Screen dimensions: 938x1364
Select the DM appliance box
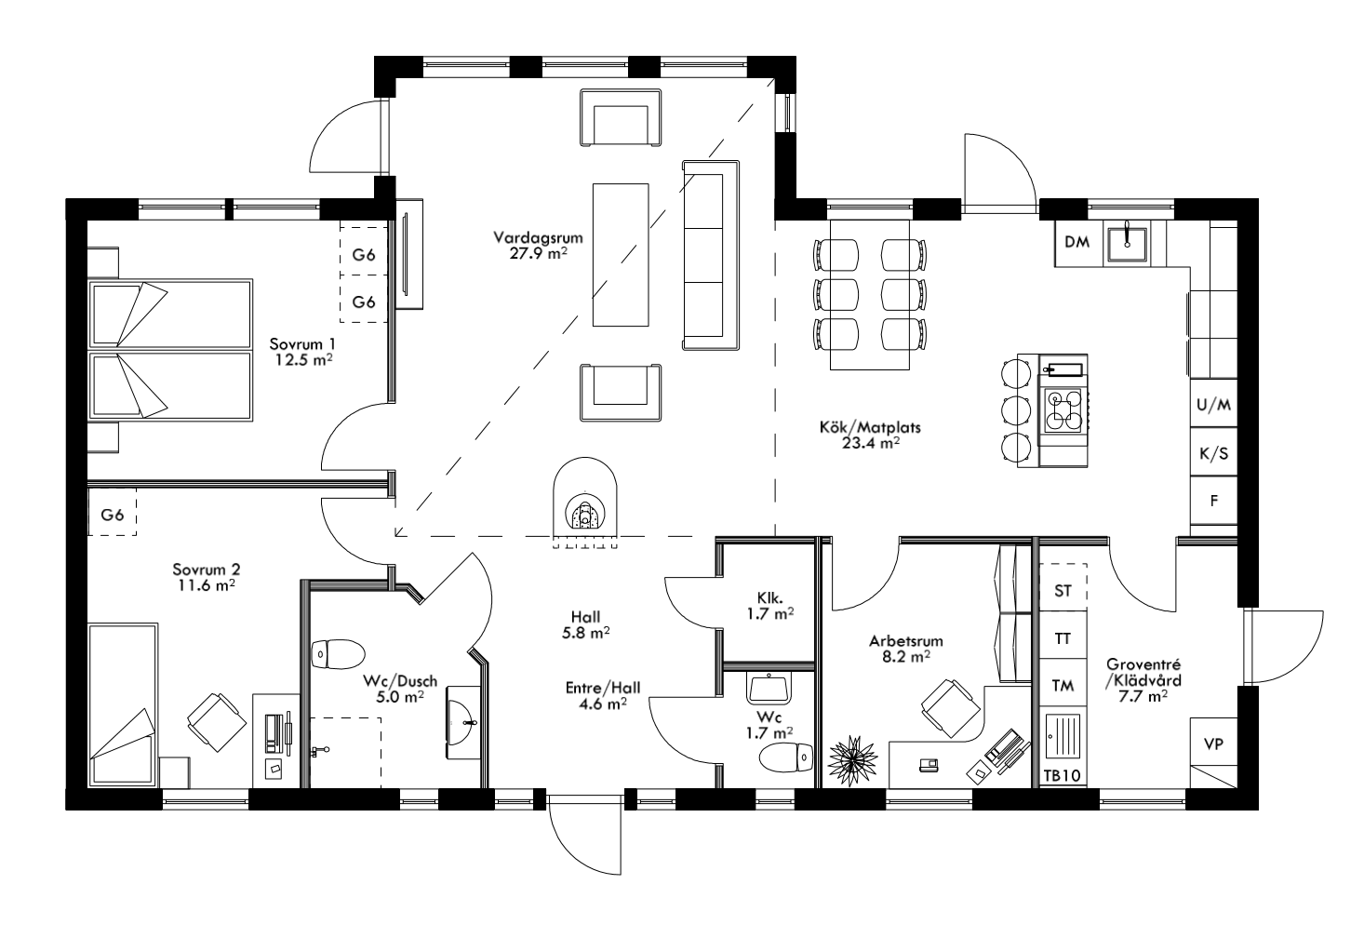tap(1076, 243)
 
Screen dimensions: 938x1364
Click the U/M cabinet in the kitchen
tap(1214, 406)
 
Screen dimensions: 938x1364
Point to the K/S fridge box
tap(1214, 454)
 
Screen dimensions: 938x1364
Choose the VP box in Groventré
tap(1213, 744)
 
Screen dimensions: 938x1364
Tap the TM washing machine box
tap(1062, 686)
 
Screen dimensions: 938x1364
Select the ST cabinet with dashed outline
tap(1062, 590)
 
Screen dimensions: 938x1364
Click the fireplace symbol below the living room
tap(583, 507)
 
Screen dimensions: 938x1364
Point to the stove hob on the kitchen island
tap(1063, 410)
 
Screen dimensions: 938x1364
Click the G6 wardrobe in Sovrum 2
tap(112, 515)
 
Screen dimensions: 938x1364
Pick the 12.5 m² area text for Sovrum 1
tap(304, 357)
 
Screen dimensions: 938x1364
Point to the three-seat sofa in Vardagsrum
tap(711, 255)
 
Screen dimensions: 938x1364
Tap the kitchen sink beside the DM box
tap(1128, 242)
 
